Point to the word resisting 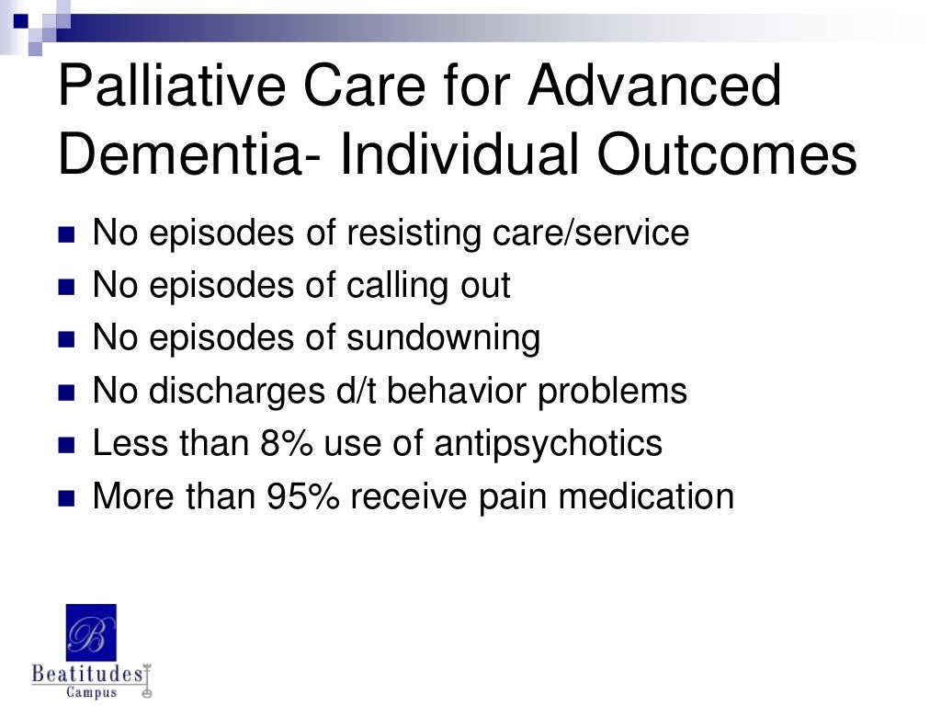pos(413,233)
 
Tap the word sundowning pos(443,338)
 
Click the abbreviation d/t pos(364,392)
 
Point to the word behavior pos(460,392)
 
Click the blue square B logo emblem pos(91,632)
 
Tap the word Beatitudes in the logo pos(88,674)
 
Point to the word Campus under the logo pos(91,692)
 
